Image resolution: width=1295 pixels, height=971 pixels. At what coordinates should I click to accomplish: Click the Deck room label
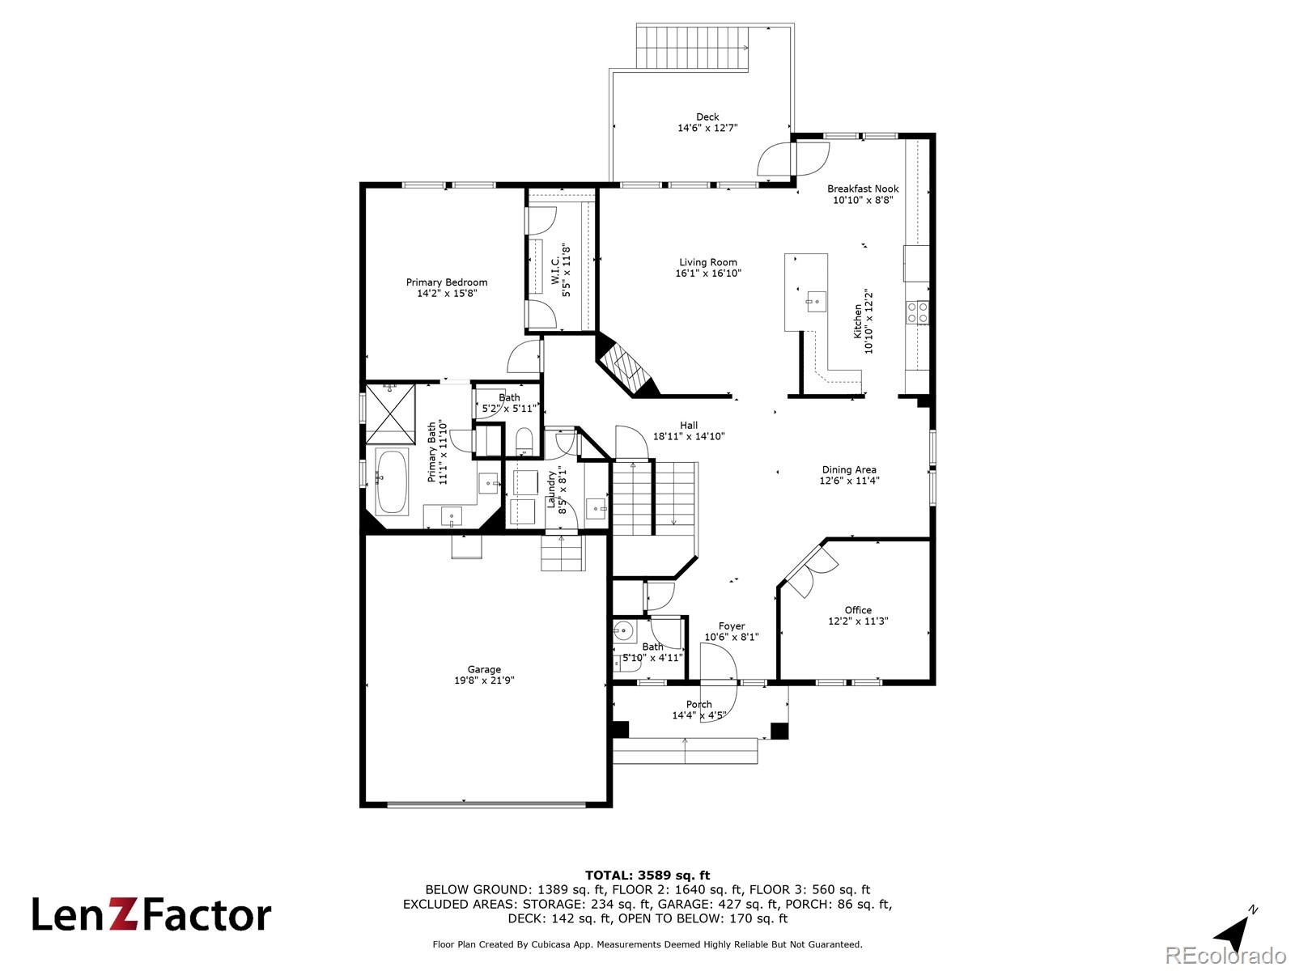707,117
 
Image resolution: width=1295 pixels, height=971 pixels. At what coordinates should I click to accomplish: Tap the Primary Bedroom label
447,282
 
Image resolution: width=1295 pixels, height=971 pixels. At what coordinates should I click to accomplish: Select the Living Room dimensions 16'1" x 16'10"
708,273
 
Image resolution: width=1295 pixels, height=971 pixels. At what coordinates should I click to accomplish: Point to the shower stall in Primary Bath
390,413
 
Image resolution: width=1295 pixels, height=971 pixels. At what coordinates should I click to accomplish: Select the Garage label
484,669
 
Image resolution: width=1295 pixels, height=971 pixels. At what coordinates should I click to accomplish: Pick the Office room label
858,610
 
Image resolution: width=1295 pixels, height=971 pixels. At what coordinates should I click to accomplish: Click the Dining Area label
849,469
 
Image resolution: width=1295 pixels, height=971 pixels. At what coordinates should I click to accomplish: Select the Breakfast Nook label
863,189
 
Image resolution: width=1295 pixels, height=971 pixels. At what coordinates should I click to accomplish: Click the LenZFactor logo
151,914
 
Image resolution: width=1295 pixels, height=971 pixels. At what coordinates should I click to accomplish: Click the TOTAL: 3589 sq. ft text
647,875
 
